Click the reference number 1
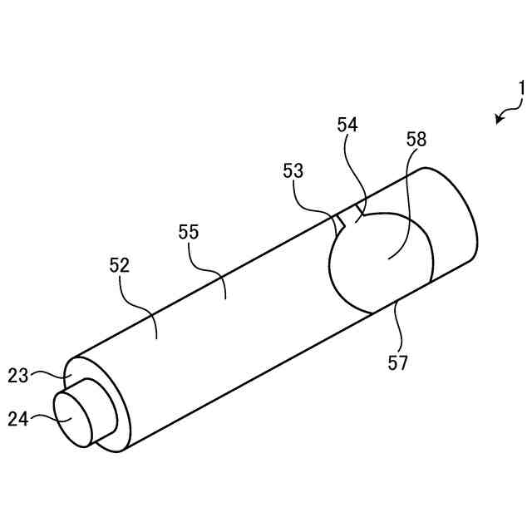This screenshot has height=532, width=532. coord(521,88)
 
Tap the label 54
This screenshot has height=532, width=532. coord(347,125)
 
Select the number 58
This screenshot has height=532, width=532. coord(416,139)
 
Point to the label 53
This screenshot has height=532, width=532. coord(293,171)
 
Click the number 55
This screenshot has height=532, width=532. coord(189,232)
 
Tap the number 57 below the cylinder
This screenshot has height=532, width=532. coord(398,362)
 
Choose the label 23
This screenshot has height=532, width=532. coord(18,375)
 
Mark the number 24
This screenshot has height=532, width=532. coord(18,419)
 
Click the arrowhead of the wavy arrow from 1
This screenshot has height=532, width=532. coord(499,121)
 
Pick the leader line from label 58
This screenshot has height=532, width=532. coord(403,208)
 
